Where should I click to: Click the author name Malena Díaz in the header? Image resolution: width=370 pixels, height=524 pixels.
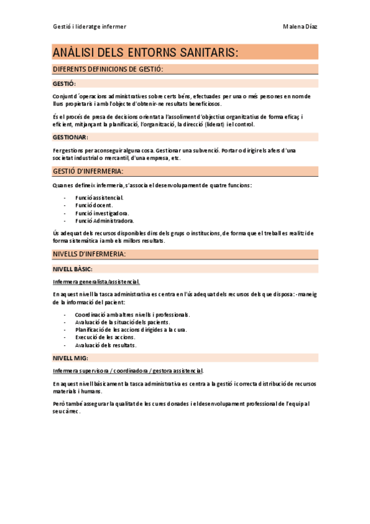click(300, 26)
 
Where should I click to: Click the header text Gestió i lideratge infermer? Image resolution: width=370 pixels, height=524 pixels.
click(90, 26)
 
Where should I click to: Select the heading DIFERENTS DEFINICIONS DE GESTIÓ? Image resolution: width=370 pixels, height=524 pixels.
click(108, 69)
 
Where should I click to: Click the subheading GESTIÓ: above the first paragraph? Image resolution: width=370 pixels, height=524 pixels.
click(64, 83)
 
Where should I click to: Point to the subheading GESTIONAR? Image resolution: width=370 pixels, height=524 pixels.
click(70, 137)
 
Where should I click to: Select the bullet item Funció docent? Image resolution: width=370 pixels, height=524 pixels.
click(95, 205)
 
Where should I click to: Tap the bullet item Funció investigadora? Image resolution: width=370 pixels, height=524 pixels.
click(102, 213)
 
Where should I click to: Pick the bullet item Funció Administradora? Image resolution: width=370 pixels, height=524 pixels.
click(104, 220)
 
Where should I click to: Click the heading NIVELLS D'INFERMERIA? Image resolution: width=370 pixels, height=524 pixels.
click(90, 254)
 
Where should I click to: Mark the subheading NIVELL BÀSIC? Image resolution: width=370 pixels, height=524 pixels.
click(73, 269)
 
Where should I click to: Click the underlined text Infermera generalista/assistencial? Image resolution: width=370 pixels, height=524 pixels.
click(96, 282)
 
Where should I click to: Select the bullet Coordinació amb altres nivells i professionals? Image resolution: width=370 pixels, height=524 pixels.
click(132, 315)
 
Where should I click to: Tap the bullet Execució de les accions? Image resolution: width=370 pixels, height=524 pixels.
click(105, 337)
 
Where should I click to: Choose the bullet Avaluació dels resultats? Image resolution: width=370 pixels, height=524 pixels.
click(106, 345)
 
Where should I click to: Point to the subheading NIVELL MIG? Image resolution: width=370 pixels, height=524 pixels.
click(70, 358)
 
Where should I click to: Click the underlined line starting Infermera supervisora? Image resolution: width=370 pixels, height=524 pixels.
click(128, 371)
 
